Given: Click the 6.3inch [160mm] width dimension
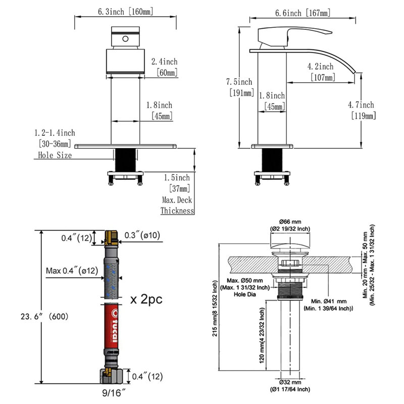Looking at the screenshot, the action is point(125,12).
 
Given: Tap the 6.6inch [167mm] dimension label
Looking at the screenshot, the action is point(302,13).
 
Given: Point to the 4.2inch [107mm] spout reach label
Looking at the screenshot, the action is point(321,72).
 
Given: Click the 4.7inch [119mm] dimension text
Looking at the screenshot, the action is point(362,110).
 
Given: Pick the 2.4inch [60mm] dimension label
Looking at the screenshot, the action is point(165,67).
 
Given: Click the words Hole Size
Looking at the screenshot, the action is point(55,155).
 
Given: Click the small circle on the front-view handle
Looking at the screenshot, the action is point(125,39).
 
